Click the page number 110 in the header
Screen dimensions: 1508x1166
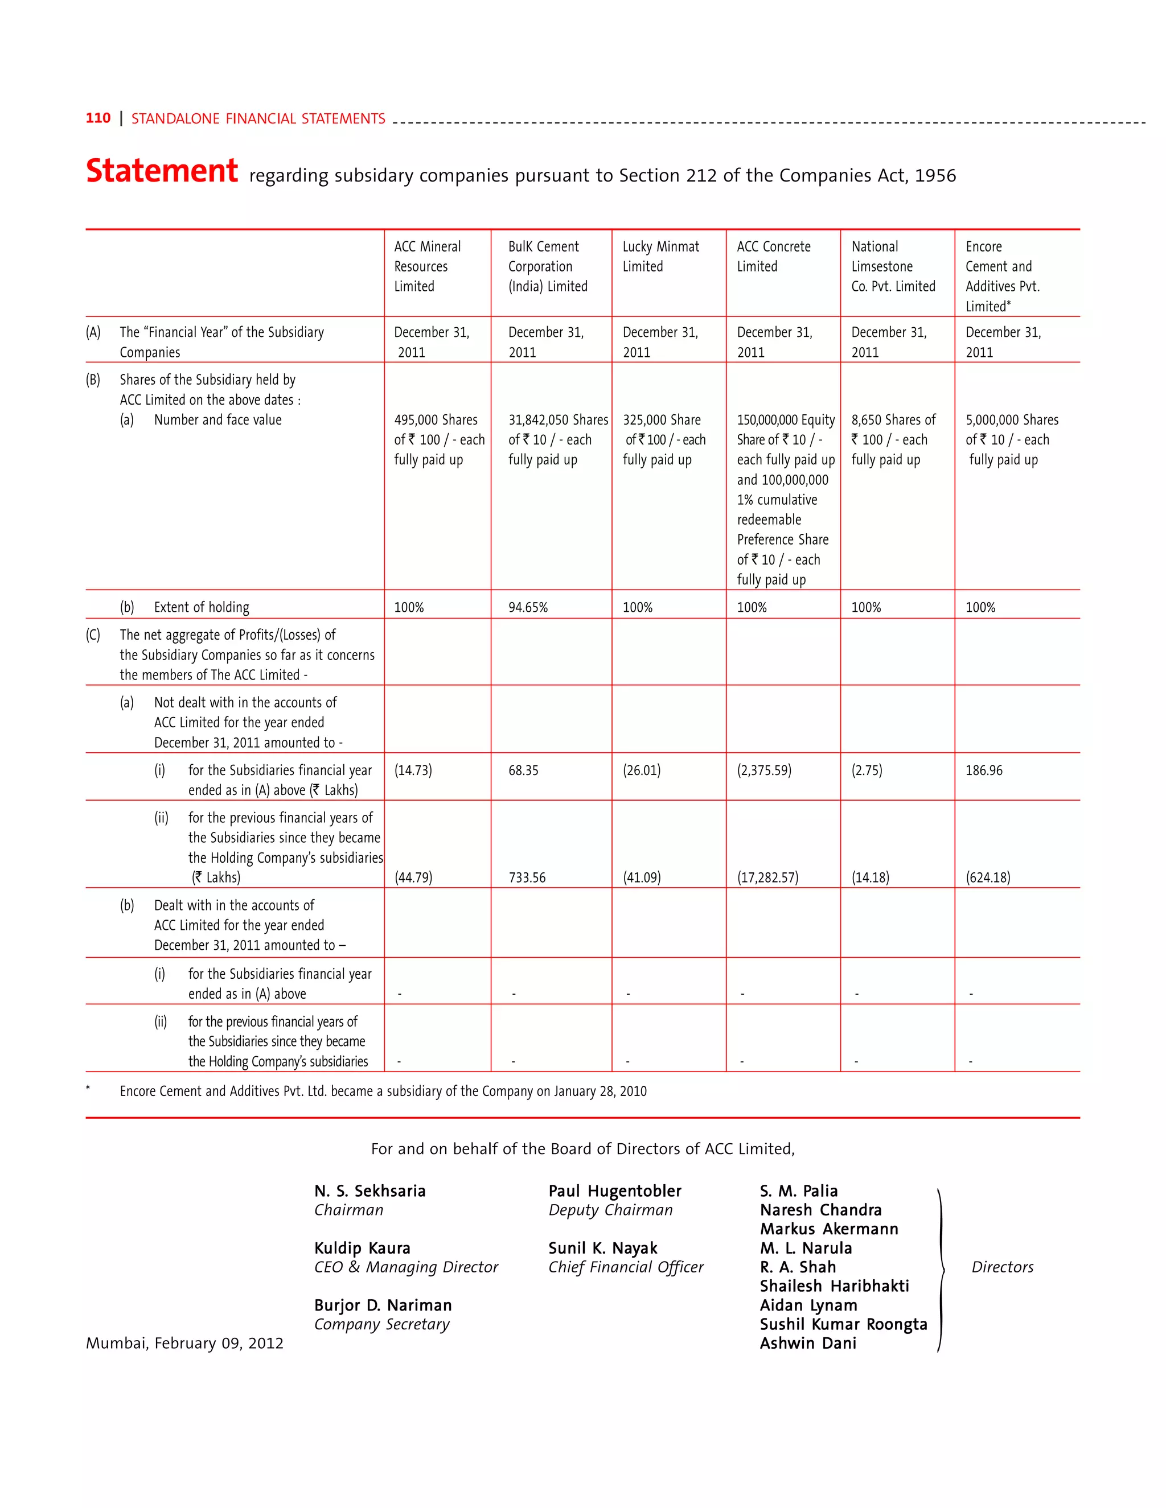97,118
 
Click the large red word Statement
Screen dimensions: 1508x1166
162,171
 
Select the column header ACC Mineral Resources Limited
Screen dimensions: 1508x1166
427,266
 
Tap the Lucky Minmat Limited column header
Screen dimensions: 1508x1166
660,256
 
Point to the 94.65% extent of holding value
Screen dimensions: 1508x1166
528,608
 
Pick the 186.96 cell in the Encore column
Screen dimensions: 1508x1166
984,771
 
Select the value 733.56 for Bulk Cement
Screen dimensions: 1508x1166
527,877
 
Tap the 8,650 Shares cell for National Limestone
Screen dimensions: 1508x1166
893,439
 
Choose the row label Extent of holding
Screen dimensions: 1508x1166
201,608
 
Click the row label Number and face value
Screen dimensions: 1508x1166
217,420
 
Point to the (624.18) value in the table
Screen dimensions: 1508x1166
988,877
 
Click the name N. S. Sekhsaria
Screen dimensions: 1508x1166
369,1190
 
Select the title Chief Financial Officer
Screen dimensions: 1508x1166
626,1267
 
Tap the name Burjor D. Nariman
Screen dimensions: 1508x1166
383,1305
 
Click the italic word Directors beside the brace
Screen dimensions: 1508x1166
1002,1267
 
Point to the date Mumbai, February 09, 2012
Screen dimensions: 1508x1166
184,1343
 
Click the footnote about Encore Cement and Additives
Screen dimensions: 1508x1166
383,1091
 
